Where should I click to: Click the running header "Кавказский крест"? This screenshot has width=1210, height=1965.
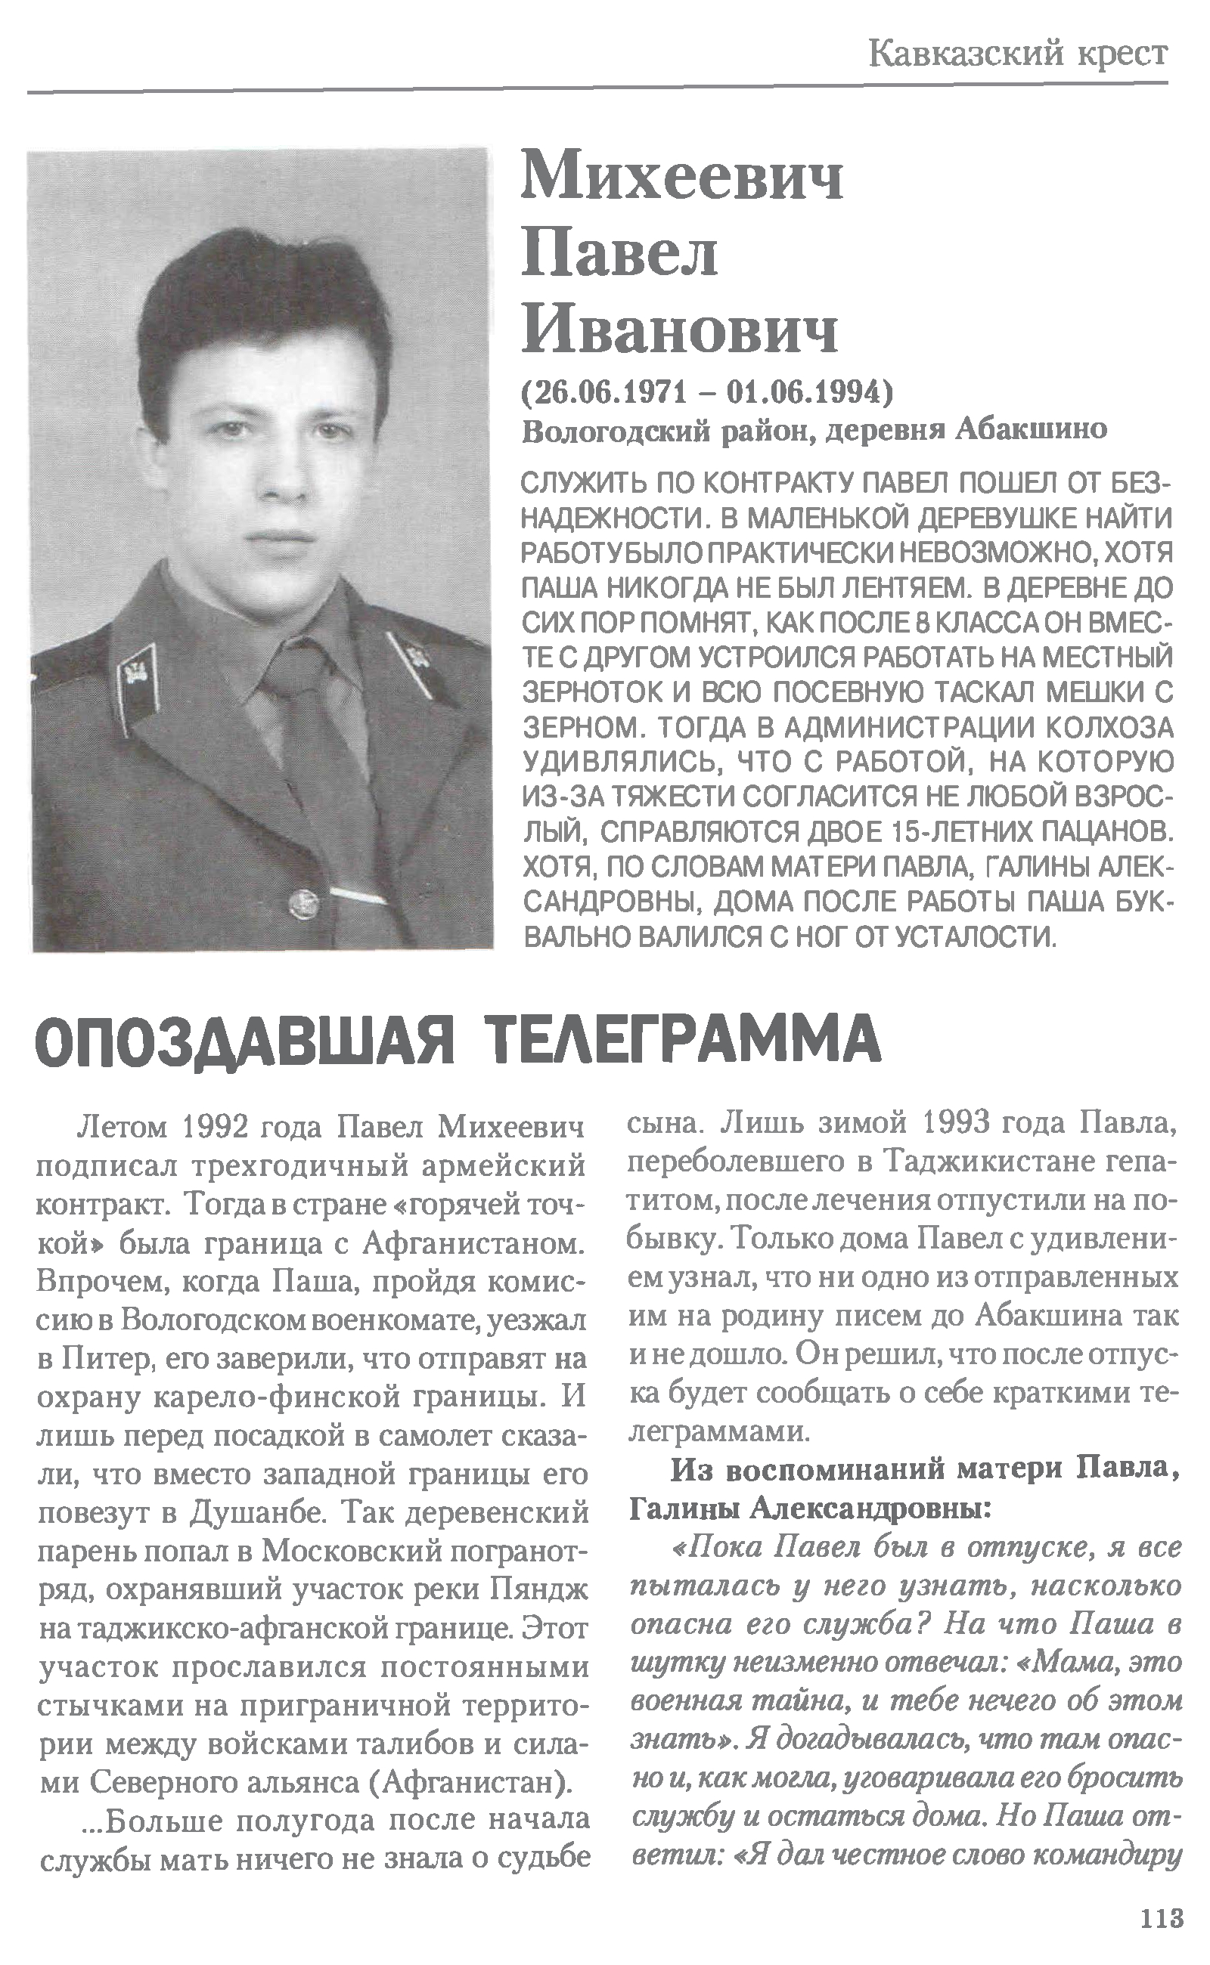coord(1017,54)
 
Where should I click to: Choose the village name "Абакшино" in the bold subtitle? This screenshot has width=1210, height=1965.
coord(1032,430)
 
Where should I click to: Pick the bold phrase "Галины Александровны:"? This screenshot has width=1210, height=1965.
coord(810,1509)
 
